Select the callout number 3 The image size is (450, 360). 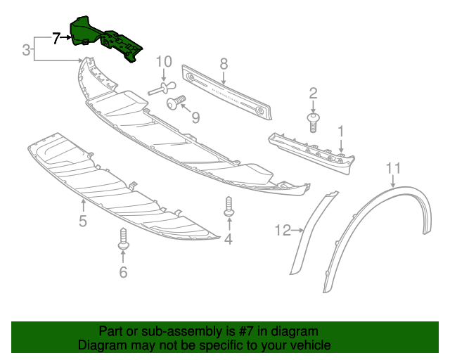coord(26,50)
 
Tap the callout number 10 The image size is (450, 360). coord(164,62)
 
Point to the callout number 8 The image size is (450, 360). coord(224,63)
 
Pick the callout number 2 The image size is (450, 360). coord(314,92)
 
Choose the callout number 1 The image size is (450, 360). coord(341,131)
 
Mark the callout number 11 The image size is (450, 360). coord(393,167)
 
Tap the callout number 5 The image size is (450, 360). coord(83,222)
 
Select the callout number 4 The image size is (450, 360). coord(228,240)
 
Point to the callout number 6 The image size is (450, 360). coord(123,271)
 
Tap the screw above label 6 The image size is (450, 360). coord(123,238)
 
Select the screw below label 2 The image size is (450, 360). coord(314,120)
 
